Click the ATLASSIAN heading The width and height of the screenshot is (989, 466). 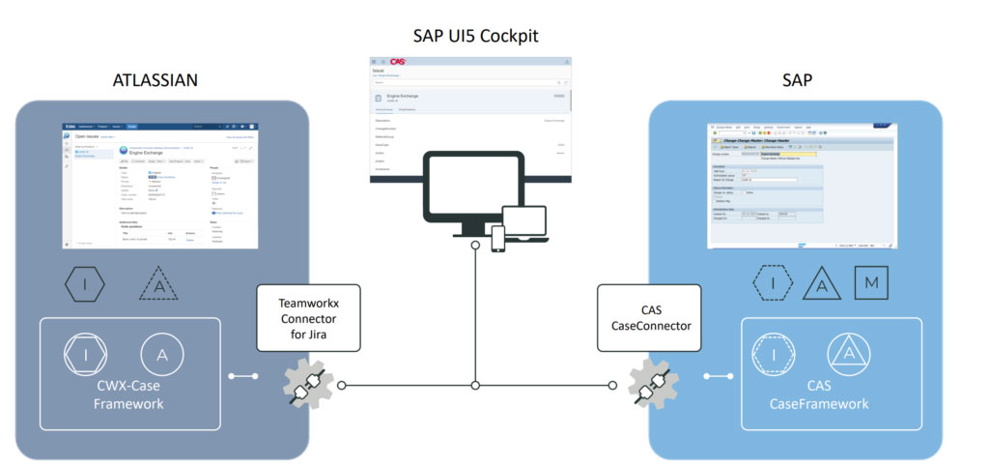click(x=155, y=79)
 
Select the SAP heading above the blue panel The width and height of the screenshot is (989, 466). click(x=796, y=79)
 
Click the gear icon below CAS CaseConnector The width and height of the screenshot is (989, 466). click(x=648, y=384)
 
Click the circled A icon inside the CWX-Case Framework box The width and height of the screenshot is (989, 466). click(x=159, y=355)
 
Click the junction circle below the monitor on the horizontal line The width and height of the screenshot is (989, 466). click(x=474, y=385)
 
